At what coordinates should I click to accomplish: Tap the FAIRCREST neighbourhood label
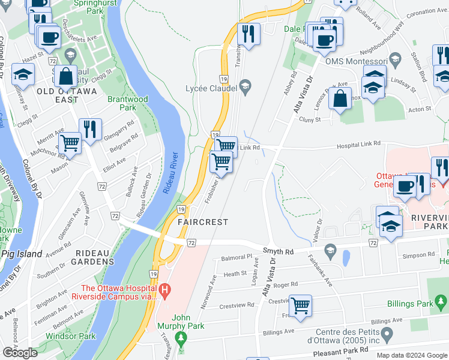click(x=203, y=222)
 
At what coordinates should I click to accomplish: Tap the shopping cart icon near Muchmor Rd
click(x=71, y=143)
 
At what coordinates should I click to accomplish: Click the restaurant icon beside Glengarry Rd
click(x=90, y=130)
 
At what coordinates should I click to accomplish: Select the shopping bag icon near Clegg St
click(x=66, y=77)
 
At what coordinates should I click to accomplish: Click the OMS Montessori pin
click(x=395, y=60)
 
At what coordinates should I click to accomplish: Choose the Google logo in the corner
click(x=20, y=353)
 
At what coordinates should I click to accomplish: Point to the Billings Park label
click(x=411, y=304)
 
